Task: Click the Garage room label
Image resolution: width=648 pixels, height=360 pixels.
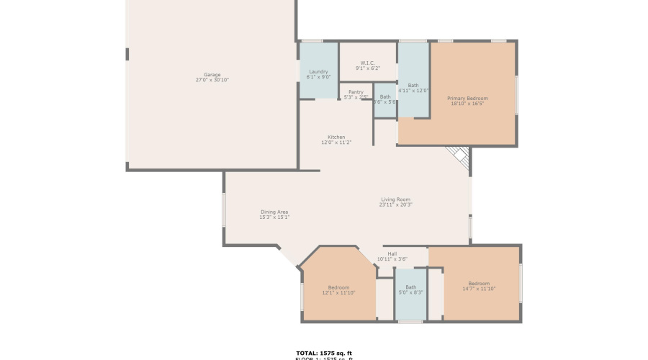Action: [212, 74]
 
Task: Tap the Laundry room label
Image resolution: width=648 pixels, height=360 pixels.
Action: [318, 71]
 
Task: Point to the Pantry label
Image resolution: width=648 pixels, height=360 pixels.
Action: [356, 91]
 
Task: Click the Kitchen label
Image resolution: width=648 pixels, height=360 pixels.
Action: [336, 137]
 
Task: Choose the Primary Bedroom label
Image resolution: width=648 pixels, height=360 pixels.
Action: [467, 98]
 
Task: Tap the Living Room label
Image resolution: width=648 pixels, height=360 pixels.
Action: [395, 199]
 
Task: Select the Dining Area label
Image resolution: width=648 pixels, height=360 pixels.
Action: [274, 212]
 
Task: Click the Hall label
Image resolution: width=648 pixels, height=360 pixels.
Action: [392, 253]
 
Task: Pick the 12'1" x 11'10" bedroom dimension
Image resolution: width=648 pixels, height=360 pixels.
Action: [338, 293]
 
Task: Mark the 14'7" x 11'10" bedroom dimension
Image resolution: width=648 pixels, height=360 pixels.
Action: [479, 289]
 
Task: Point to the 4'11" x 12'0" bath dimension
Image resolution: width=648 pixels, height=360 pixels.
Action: [413, 91]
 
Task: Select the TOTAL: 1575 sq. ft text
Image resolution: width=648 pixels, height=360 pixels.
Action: [324, 353]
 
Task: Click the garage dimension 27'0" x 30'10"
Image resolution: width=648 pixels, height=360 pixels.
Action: [212, 80]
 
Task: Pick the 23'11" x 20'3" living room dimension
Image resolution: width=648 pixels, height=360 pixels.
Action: [395, 205]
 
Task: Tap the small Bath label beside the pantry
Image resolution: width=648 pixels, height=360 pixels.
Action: [385, 96]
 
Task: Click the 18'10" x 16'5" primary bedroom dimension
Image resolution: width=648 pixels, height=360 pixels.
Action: [467, 104]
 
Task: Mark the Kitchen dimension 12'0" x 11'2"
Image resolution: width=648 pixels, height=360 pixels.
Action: [336, 143]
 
